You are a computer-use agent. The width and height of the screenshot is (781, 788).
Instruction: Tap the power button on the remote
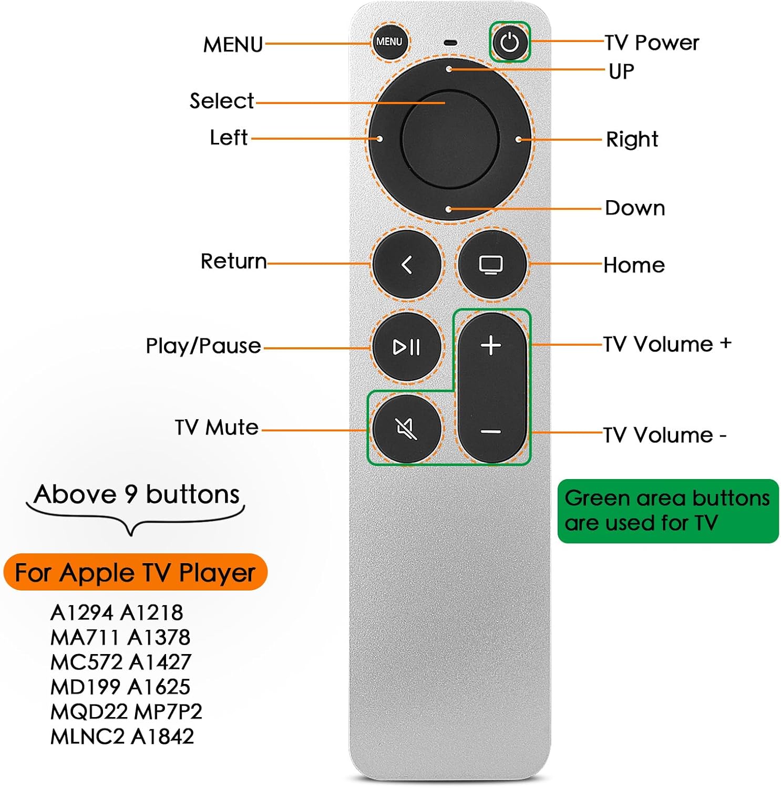tap(510, 42)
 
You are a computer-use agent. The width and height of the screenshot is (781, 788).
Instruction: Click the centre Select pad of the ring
tap(449, 139)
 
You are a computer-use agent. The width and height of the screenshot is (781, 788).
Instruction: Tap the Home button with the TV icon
tap(491, 264)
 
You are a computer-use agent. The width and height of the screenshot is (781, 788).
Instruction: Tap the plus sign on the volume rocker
tap(491, 346)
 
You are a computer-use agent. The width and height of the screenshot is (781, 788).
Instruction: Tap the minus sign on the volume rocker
tap(491, 432)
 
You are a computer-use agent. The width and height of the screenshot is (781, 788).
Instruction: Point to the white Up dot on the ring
tap(449, 69)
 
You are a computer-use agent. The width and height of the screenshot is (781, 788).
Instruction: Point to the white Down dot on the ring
tap(448, 210)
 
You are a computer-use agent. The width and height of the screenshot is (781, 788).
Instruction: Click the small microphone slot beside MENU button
tap(450, 43)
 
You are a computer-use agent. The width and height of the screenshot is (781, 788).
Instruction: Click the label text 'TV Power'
tap(652, 43)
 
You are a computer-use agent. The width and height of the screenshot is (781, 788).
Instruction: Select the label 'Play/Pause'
tap(203, 346)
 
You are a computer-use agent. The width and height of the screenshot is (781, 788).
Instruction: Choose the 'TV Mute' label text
tap(217, 428)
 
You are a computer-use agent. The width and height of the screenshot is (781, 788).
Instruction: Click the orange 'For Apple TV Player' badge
tap(136, 572)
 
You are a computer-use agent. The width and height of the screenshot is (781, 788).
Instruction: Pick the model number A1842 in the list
tap(162, 737)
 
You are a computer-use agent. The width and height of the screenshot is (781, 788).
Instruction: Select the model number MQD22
tap(89, 712)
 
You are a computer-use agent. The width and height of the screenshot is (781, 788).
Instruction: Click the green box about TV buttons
tap(667, 511)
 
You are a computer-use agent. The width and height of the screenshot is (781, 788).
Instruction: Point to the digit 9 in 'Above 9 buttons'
tap(130, 495)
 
